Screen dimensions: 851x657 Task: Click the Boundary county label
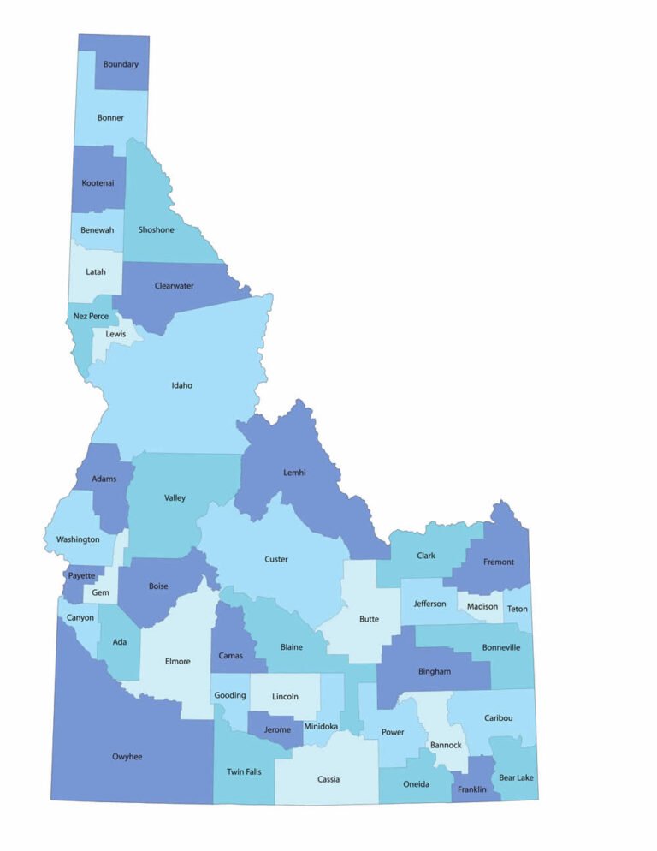(x=121, y=64)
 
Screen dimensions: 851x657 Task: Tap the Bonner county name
(x=110, y=118)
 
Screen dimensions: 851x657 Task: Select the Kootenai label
(x=98, y=183)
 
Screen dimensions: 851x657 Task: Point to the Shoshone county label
(x=156, y=229)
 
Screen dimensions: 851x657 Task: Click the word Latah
(x=96, y=272)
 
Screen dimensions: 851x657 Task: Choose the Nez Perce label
(x=91, y=316)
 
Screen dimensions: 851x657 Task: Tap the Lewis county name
(x=115, y=334)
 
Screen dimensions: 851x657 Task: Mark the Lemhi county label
(x=294, y=473)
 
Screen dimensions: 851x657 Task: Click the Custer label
(x=276, y=560)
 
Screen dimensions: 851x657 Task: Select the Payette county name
(x=82, y=576)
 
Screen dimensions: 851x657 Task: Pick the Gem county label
(x=100, y=592)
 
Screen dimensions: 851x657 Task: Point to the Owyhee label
(x=127, y=757)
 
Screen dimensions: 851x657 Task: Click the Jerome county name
(x=277, y=730)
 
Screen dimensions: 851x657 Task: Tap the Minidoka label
(x=321, y=727)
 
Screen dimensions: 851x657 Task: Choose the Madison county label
(x=482, y=607)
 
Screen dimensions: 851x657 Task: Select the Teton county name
(x=517, y=609)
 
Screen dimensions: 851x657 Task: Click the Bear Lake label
(x=516, y=777)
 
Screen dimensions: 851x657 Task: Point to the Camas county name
(x=230, y=656)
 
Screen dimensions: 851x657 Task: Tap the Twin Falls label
(x=244, y=772)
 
